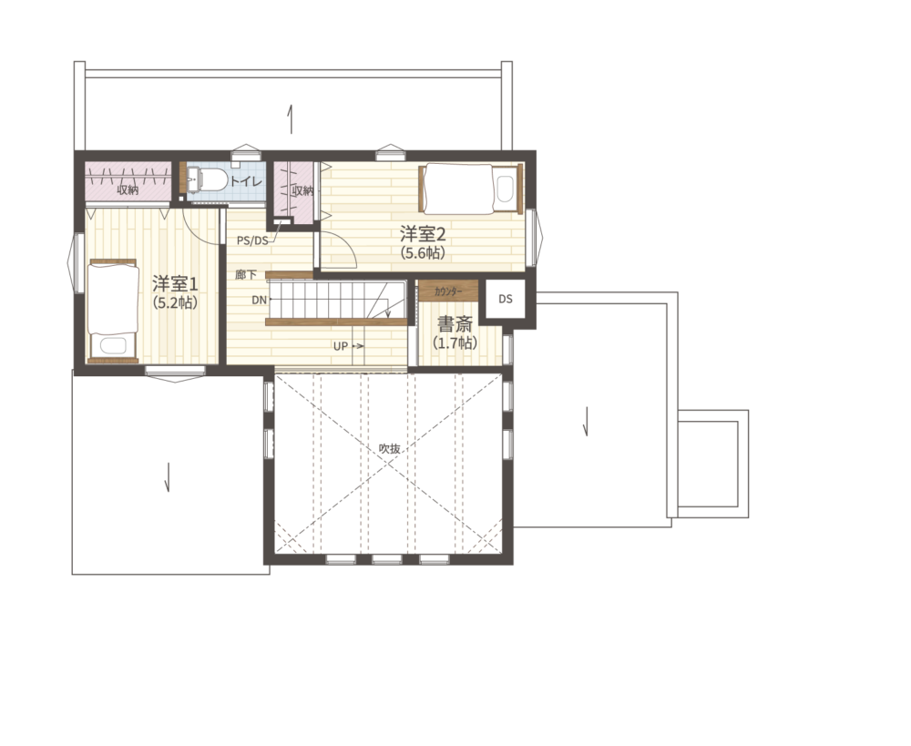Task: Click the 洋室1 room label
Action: pos(175,284)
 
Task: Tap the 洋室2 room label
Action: pos(423,234)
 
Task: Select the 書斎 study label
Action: pos(455,323)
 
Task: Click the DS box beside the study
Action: pos(506,299)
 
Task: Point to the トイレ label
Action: pos(246,181)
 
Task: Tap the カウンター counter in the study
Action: pos(448,291)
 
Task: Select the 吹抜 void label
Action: pos(389,448)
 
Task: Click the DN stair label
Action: pos(259,301)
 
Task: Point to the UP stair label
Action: pos(341,346)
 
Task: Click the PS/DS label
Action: pos(252,240)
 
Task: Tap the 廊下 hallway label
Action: pos(246,275)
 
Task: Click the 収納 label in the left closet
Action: pos(128,189)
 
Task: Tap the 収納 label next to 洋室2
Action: pos(302,190)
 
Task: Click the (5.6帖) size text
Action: pos(423,252)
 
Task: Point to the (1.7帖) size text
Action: pos(455,342)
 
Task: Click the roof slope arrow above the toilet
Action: pos(291,118)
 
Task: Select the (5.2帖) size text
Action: pos(175,302)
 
